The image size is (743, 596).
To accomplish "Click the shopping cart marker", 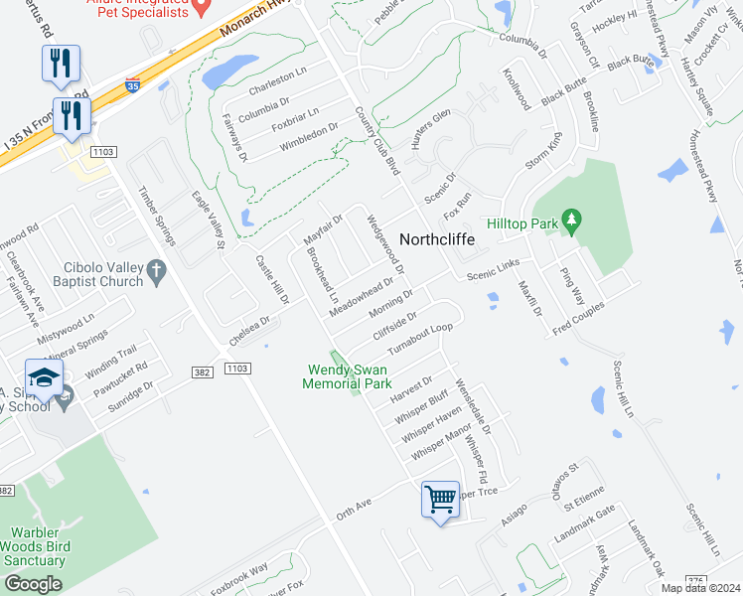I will coord(440,499).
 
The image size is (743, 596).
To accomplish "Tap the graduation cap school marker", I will coord(44,378).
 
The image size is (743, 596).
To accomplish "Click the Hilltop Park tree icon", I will coord(570,221).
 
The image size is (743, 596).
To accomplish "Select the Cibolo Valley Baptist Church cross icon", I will coord(155,270).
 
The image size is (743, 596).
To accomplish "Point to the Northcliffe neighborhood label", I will coord(437,239).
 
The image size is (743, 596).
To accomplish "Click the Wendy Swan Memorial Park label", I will coord(348,377).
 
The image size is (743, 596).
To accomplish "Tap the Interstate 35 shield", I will coord(133,86).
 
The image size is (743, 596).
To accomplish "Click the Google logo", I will coord(32,584).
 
